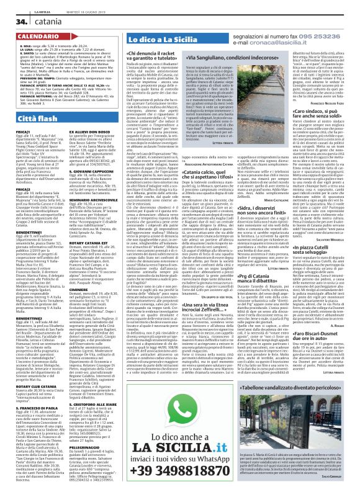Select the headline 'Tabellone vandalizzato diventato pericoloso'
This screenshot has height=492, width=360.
282,366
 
